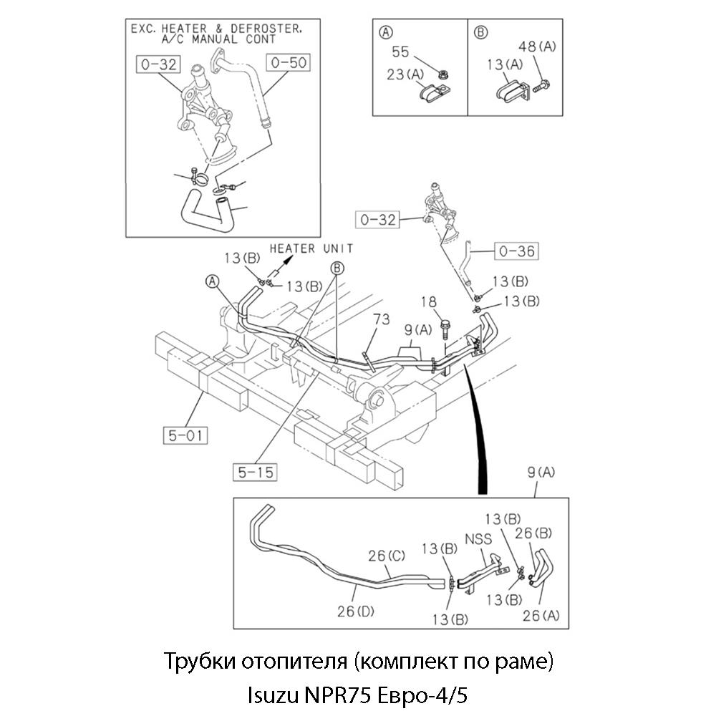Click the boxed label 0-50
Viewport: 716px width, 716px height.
tap(289, 63)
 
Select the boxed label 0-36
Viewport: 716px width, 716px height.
tap(517, 251)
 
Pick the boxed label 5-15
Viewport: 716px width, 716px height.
tap(254, 471)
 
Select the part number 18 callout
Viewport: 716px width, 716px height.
tap(429, 303)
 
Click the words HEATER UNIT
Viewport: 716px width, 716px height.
tap(311, 248)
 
